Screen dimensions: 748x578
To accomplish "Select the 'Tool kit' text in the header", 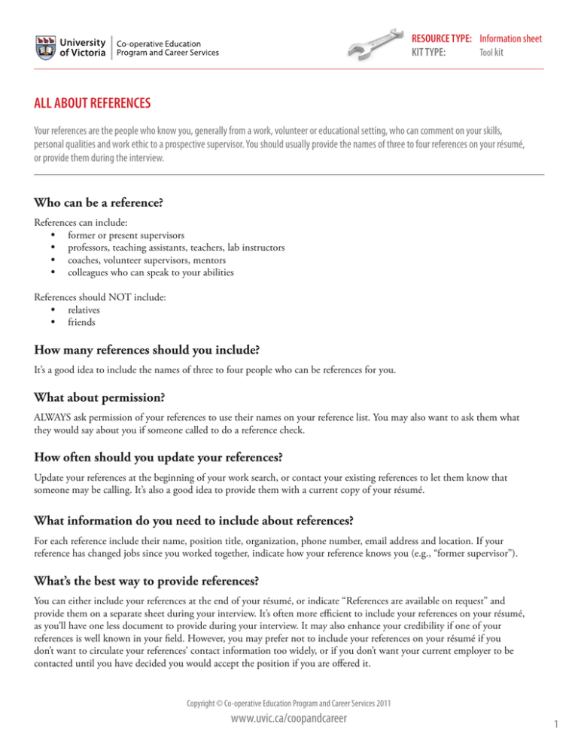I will click(x=493, y=53).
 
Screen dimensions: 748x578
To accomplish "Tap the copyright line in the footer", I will click(x=288, y=701).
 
